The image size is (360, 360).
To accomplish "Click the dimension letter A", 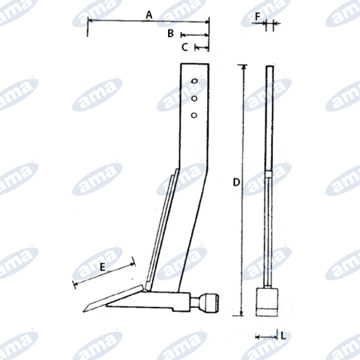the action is (x=149, y=15).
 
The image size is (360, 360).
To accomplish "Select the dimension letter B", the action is (x=170, y=34).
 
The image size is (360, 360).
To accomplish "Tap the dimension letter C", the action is (x=185, y=47).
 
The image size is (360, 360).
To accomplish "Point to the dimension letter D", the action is (x=236, y=182).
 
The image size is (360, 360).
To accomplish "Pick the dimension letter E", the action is (x=102, y=267).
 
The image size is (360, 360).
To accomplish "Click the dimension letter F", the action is (x=258, y=17).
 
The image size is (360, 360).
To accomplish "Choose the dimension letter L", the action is (x=283, y=336).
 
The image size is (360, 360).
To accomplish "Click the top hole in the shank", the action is (x=194, y=81).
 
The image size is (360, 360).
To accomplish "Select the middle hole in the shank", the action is (x=194, y=98).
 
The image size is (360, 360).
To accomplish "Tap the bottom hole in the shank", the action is (x=194, y=115).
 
